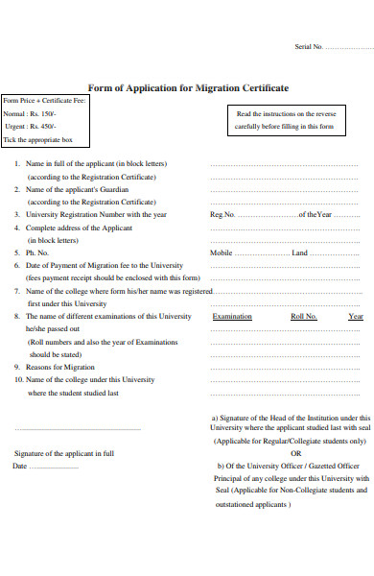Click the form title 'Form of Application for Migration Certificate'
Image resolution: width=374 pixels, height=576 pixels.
187,86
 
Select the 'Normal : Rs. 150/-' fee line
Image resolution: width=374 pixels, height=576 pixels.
31,113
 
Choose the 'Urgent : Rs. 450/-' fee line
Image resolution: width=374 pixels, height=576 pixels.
30,126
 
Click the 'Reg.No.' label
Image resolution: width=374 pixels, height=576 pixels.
222,215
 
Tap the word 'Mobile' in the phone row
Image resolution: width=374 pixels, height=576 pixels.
222,252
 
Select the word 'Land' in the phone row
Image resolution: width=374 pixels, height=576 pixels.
300,252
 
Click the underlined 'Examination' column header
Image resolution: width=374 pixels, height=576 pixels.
232,316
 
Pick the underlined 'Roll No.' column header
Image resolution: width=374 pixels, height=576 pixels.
304,316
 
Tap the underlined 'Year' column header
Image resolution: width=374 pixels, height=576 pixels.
356,316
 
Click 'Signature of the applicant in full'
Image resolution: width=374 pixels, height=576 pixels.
64,453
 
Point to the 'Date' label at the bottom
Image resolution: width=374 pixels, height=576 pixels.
20,467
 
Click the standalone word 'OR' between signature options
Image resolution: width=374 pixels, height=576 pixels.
295,453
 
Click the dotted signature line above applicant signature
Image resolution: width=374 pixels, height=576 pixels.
78,428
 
